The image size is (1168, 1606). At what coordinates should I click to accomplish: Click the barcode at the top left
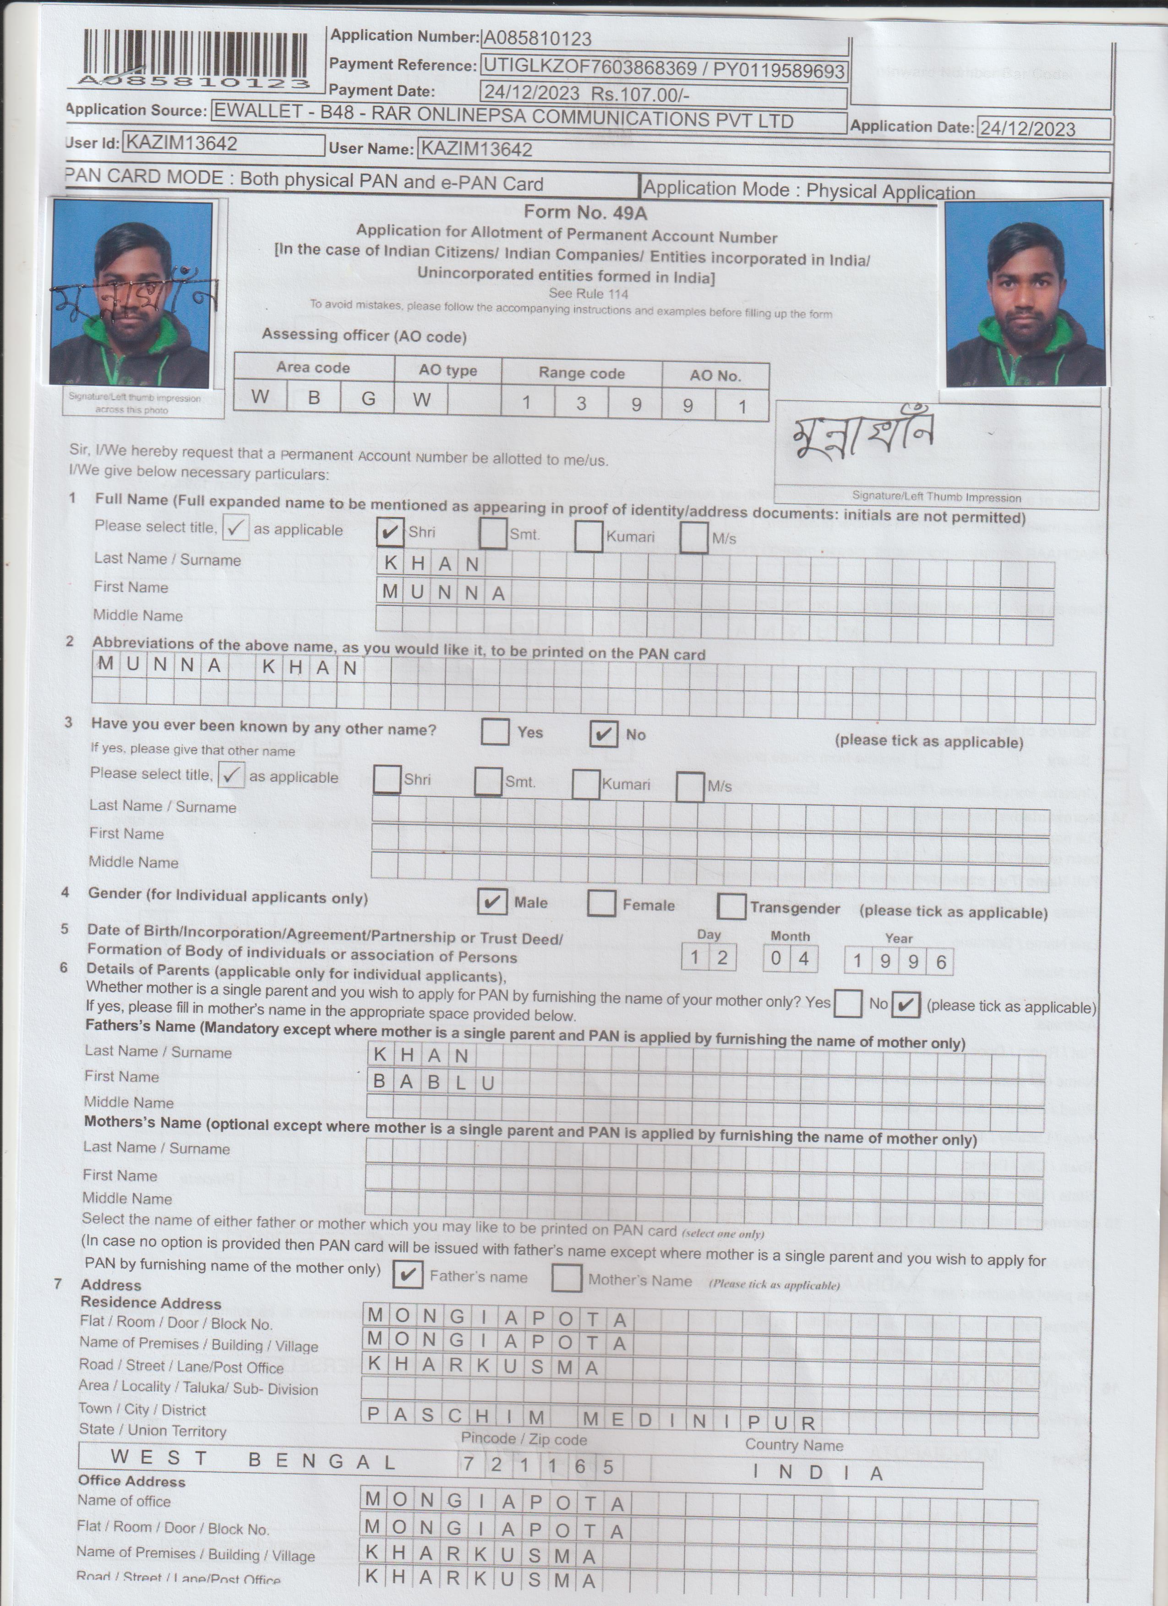coord(195,57)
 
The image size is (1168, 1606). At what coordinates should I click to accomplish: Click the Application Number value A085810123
coord(536,39)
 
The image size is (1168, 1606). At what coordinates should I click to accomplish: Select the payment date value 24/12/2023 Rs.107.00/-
coord(585,93)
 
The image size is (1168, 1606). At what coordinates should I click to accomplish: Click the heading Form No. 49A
coord(585,212)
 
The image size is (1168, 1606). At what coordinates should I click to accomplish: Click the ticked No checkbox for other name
coord(603,734)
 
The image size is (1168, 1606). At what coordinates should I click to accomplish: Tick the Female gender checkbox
coord(601,904)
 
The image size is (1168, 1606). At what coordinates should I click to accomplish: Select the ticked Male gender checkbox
coord(491,901)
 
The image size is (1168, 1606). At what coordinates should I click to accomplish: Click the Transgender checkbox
coord(731,906)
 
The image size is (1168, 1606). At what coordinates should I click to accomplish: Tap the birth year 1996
coord(899,961)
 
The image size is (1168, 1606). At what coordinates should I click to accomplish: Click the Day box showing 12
coord(708,958)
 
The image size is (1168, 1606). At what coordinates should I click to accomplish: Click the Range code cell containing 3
coord(581,403)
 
